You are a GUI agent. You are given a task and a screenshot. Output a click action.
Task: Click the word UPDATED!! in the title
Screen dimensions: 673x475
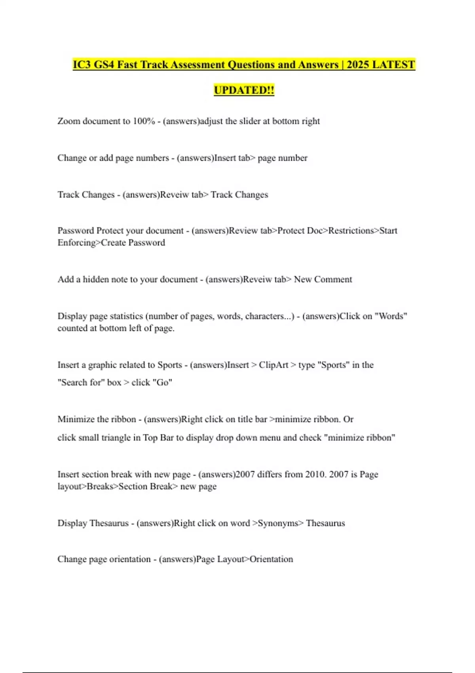click(244, 90)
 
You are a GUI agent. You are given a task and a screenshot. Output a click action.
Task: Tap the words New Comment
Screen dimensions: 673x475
click(323, 279)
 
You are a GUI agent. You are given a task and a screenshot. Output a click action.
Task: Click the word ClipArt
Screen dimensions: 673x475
click(273, 365)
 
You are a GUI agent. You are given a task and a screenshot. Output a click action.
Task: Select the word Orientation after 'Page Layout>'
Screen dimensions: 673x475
click(271, 559)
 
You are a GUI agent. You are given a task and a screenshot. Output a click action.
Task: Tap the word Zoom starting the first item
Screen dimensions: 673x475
click(68, 121)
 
